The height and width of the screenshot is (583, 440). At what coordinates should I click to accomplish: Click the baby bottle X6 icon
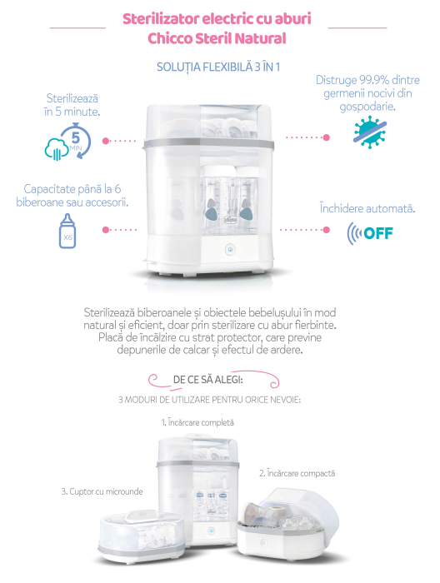pos(67,231)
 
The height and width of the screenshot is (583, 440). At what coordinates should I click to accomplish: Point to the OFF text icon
pos(370,232)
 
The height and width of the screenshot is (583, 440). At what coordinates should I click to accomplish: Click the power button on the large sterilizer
pos(228,247)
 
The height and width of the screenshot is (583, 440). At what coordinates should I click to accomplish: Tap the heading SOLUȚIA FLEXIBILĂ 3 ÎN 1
pos(219,66)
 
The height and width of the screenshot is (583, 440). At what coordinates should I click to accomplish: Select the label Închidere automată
pos(367,207)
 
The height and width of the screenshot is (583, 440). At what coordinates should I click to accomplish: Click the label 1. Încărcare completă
pos(198,422)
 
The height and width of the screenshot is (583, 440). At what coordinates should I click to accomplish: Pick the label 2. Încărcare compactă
pos(297,472)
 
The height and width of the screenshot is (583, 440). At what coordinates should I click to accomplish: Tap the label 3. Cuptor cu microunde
pos(102,491)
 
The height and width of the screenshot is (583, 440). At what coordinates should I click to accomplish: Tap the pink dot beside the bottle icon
pos(105,228)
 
